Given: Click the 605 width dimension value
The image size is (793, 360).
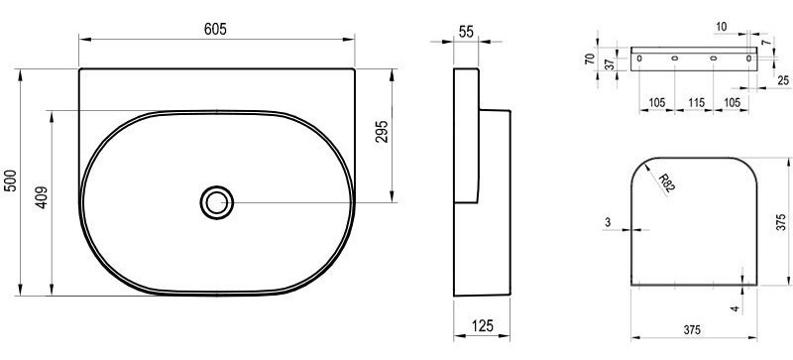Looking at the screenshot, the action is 215,30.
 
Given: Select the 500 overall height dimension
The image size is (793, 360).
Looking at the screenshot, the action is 11,180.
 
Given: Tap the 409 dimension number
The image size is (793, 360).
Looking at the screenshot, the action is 42,197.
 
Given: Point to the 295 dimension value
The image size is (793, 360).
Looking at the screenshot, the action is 382,131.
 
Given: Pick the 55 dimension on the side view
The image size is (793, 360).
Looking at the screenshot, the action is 466,32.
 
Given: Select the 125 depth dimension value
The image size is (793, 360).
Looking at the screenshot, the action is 483,325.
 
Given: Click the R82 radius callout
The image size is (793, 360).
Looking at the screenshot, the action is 666,182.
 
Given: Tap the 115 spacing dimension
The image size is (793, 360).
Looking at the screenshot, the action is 697,103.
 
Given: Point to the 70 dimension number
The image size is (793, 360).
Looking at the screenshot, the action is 590,59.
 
